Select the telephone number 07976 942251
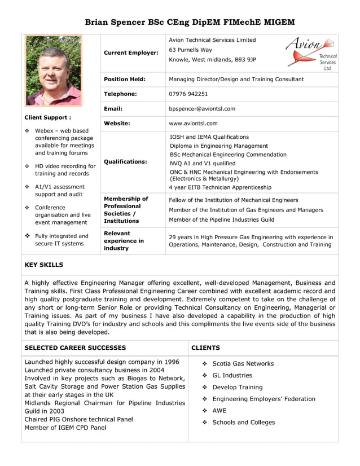188,94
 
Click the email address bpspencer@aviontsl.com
202,109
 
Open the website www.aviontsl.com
193,123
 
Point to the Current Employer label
131,52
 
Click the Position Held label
125,80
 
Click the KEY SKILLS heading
44,265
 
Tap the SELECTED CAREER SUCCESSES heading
75,348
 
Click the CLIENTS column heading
205,348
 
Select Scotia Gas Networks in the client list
243,364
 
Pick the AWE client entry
219,411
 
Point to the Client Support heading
47,118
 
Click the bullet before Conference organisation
28,208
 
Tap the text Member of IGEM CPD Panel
66,428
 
